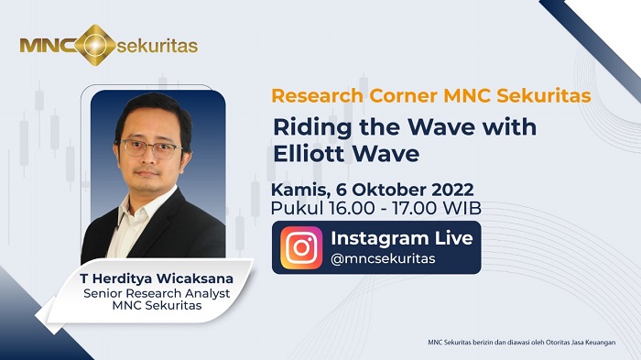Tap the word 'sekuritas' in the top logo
point(158,44)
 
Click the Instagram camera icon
point(301,246)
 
